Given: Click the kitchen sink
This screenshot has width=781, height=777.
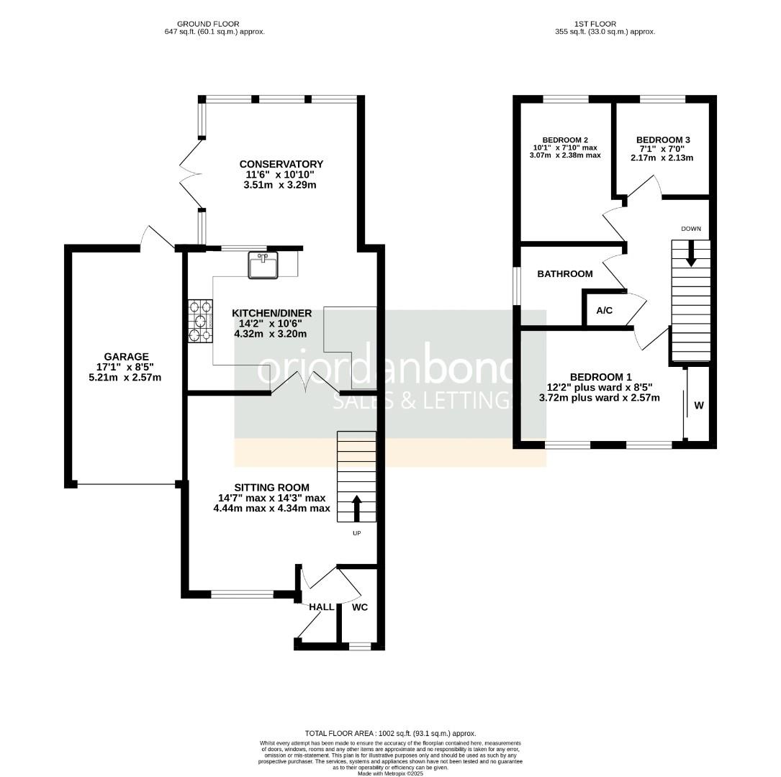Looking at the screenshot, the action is [263, 265].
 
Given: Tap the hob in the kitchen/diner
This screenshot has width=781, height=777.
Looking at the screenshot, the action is [200, 321].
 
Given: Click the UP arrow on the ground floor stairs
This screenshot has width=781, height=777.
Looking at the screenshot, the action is [356, 508].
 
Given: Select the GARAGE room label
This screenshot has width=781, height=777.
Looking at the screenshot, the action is [126, 356].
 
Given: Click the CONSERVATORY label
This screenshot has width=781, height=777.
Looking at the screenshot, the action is [281, 164].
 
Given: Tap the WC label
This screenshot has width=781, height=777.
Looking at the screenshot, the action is [360, 606].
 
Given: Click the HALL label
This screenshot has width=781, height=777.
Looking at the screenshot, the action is [321, 606].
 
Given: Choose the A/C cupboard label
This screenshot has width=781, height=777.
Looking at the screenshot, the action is [604, 311].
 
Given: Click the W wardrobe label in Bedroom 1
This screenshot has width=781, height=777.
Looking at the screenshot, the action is [699, 405].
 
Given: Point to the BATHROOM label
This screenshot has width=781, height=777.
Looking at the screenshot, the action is [565, 274].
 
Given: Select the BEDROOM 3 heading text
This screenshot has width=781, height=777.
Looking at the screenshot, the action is [663, 140].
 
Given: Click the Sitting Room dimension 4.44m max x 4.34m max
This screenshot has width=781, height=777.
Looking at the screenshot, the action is [272, 508].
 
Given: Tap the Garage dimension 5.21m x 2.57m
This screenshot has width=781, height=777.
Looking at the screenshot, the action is [125, 377].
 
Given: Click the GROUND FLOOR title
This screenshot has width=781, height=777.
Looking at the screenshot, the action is [208, 24].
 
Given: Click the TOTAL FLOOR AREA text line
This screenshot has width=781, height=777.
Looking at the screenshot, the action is [390, 733].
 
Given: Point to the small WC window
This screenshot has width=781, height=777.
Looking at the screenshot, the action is [360, 646].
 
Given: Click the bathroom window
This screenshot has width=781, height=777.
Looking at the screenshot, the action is [517, 286].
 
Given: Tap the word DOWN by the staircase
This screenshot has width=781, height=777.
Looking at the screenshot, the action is [691, 229].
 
